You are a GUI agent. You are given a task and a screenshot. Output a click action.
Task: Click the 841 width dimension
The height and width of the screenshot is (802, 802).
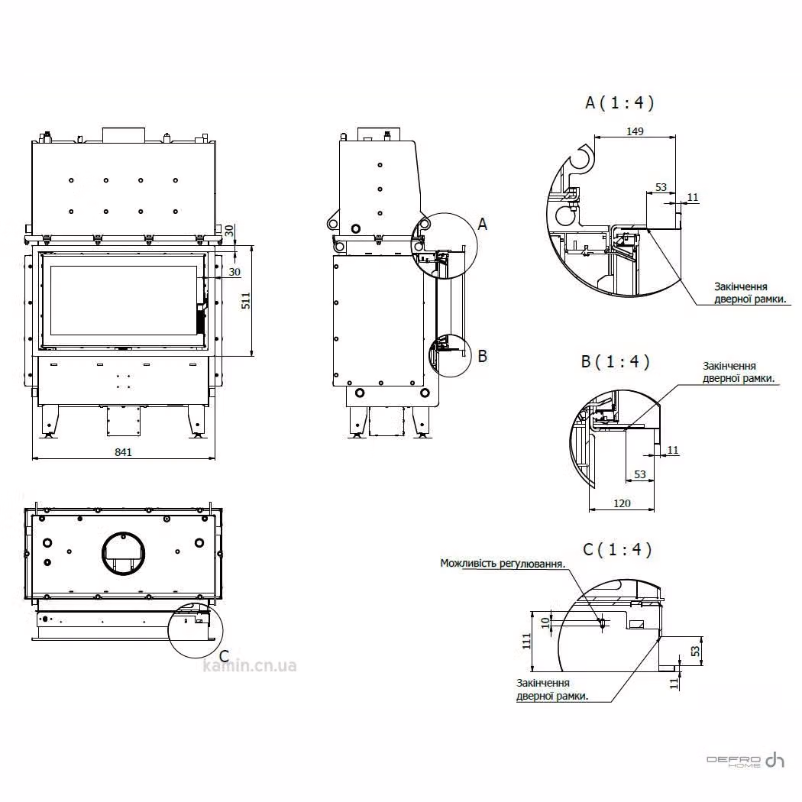point(123,452)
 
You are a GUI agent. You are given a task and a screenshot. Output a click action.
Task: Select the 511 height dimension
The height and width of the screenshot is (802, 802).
point(246,300)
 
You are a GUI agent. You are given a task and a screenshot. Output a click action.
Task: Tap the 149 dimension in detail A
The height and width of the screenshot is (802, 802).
point(635,131)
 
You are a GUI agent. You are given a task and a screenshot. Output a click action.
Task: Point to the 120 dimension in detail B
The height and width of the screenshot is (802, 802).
point(622,503)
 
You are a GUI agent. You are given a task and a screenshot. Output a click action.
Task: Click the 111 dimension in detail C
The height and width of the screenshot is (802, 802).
point(527,642)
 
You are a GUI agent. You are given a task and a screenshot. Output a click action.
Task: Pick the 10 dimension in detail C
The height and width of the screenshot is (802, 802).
point(545,622)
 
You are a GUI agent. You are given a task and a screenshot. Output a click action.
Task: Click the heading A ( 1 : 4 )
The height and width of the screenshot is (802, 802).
point(619,103)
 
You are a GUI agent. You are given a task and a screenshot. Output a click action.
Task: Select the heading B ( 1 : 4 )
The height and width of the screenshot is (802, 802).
point(616,361)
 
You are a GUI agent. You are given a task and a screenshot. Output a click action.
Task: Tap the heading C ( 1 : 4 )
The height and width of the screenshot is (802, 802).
point(617,549)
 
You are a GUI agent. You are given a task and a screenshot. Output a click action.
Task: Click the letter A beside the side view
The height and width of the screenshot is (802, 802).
point(482,224)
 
